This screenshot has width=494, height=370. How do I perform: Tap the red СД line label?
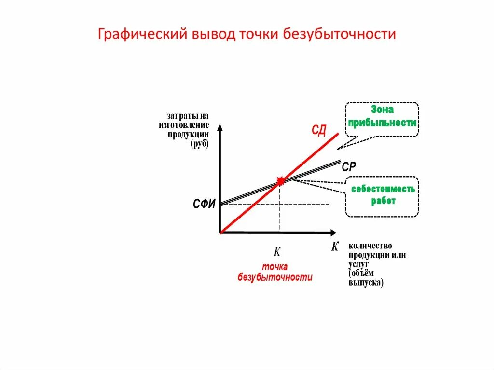[318, 130]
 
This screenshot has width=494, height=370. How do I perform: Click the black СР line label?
[349, 167]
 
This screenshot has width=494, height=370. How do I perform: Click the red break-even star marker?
[280, 181]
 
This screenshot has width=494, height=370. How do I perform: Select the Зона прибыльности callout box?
[382, 119]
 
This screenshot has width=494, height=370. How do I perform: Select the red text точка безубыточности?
[275, 272]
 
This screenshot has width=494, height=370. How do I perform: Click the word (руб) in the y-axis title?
[199, 144]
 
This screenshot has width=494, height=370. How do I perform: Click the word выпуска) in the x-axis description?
[366, 283]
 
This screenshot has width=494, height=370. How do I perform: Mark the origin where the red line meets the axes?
[220, 233]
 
